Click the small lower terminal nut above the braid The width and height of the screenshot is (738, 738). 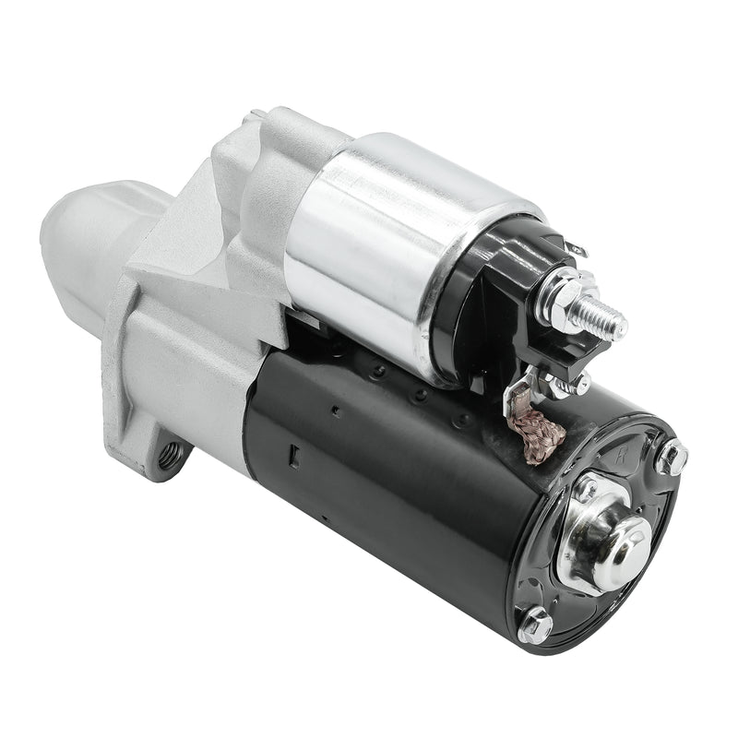click(579, 382)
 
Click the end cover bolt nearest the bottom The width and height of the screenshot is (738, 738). click(535, 625)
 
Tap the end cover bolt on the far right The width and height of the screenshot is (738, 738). click(672, 457)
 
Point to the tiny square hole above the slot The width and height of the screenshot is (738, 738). click(336, 411)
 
